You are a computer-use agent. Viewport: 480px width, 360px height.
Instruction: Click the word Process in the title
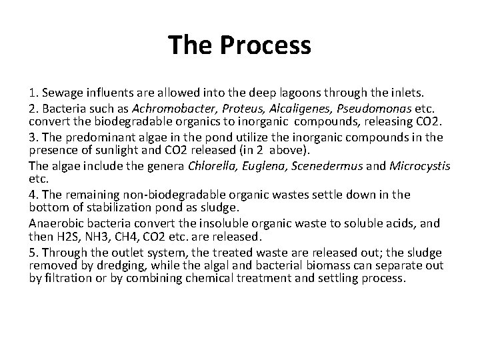click(273, 46)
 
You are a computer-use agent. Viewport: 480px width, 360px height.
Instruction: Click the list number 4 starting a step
click(33, 195)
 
